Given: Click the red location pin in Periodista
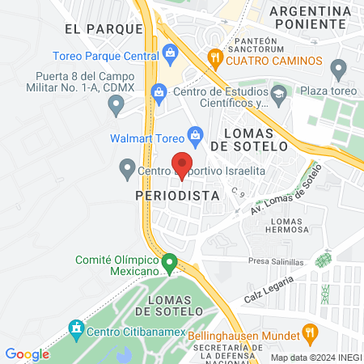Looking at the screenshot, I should (x=183, y=162).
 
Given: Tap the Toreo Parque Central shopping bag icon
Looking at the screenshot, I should (x=170, y=54).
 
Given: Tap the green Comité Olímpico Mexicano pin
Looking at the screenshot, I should (x=169, y=263).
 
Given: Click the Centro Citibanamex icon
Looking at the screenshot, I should (x=77, y=329).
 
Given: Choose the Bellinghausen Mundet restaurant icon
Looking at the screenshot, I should (x=308, y=331).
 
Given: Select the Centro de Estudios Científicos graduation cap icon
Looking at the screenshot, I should (x=279, y=94).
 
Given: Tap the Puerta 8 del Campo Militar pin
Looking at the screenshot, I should (x=116, y=104).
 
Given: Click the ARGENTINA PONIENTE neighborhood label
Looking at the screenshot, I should (x=311, y=17).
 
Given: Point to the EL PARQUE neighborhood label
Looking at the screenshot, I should (x=98, y=28).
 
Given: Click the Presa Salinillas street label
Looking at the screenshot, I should (x=277, y=262).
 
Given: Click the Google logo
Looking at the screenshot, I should (x=27, y=353).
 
